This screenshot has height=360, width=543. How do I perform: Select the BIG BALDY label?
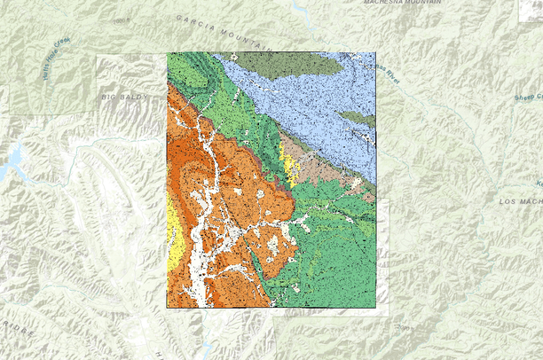[122, 96]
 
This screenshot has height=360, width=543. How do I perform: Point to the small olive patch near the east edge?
[358, 118]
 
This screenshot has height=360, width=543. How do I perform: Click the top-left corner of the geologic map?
[167, 53]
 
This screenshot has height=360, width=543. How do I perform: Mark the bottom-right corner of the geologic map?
[376, 308]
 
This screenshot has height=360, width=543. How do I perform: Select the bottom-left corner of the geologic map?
[167, 308]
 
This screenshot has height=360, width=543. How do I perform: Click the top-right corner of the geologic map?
[376, 53]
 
